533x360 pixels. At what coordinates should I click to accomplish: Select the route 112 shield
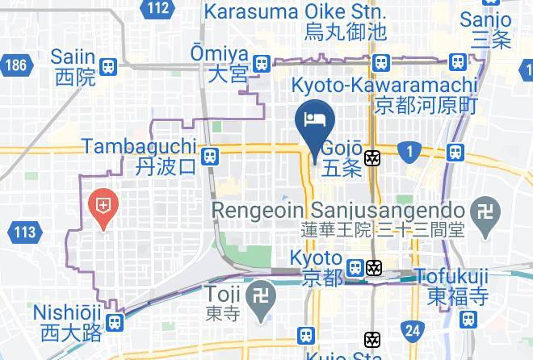pos(158,9)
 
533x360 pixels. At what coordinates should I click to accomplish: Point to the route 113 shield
pos(25,232)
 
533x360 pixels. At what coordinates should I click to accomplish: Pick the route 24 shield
pos(413,329)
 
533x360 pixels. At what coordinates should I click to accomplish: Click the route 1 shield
pos(410,151)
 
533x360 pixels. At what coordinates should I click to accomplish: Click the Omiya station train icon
pos(261,63)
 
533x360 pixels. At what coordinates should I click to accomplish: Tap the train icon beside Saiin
pos(108,67)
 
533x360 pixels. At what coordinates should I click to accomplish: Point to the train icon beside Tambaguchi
pos(209,155)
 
